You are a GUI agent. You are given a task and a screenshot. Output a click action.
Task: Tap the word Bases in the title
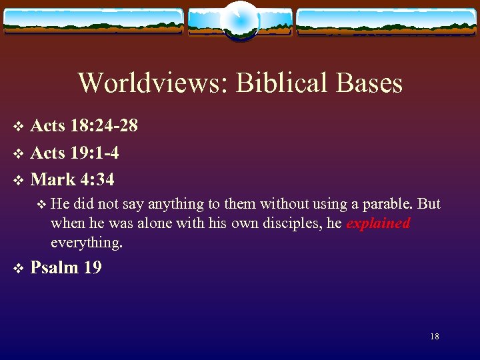coord(370,83)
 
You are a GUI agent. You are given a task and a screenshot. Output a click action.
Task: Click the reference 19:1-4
coord(93,153)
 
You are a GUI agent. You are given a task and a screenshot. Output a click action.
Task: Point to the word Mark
coord(52,179)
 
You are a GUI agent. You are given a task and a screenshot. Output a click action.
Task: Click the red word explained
coord(378,223)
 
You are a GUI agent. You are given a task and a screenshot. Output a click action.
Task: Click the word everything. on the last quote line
coord(87,243)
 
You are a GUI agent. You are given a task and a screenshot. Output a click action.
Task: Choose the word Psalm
coord(55,268)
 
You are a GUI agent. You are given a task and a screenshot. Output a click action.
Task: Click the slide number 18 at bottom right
coord(435,337)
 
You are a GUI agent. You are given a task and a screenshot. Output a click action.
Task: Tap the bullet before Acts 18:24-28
coord(19,126)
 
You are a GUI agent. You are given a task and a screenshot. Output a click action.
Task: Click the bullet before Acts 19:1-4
coord(19,153)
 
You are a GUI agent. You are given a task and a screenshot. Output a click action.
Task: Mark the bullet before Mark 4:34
coord(19,180)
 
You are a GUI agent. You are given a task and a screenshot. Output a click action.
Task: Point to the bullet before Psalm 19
coord(19,269)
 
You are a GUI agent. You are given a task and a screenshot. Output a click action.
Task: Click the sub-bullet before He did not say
coord(41,204)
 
